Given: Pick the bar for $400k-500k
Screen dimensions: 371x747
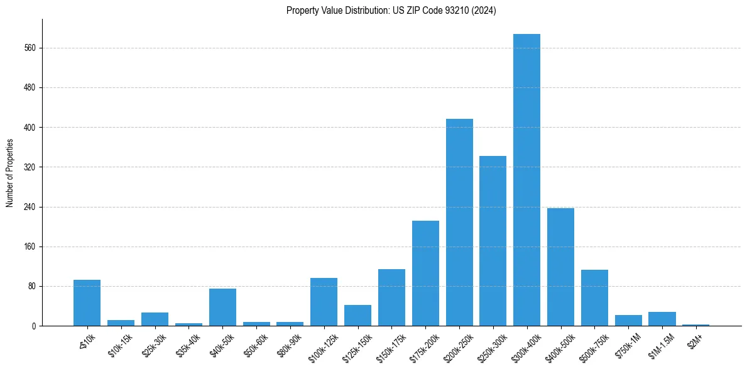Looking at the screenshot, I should click(x=560, y=267).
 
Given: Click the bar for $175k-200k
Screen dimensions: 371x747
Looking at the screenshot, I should click(x=425, y=273).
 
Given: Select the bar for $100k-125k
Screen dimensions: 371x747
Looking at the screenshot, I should click(x=324, y=302).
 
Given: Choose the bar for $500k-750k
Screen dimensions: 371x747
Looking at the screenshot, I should click(x=594, y=297).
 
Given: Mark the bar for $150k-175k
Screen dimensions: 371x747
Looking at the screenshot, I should click(x=391, y=297).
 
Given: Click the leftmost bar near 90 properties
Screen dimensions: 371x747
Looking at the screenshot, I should click(x=87, y=302).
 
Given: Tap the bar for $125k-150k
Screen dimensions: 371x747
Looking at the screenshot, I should click(x=357, y=315).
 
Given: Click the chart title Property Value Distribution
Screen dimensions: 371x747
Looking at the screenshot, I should click(x=391, y=11).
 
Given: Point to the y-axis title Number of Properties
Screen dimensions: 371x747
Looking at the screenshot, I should click(x=10, y=173).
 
